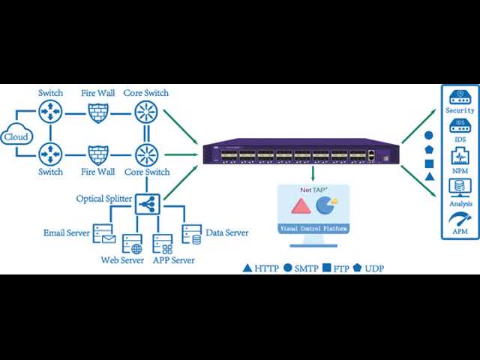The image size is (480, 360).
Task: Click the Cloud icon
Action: [16, 136]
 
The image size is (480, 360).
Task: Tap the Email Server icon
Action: [103, 234]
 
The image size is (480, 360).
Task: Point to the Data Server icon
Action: [192, 234]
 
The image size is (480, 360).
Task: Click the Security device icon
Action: [460, 97]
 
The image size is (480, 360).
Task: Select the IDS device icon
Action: [460, 126]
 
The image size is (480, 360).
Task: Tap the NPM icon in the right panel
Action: [460, 157]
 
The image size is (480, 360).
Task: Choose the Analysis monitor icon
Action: [460, 187]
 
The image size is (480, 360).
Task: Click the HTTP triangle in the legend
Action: [247, 268]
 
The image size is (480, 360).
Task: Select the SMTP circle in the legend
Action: [288, 268]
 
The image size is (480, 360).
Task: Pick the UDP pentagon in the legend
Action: [358, 268]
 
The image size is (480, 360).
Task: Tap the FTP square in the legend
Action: [327, 268]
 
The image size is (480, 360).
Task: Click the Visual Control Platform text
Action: [313, 228]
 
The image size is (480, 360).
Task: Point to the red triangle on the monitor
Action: [301, 206]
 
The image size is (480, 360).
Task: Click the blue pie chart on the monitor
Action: [325, 205]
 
